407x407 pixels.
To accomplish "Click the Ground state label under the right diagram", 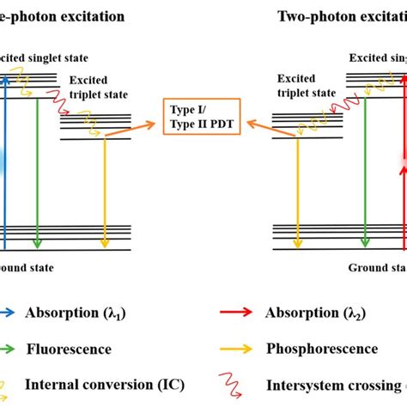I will coord(376,268).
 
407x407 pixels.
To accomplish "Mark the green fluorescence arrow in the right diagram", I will coord(365,163).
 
